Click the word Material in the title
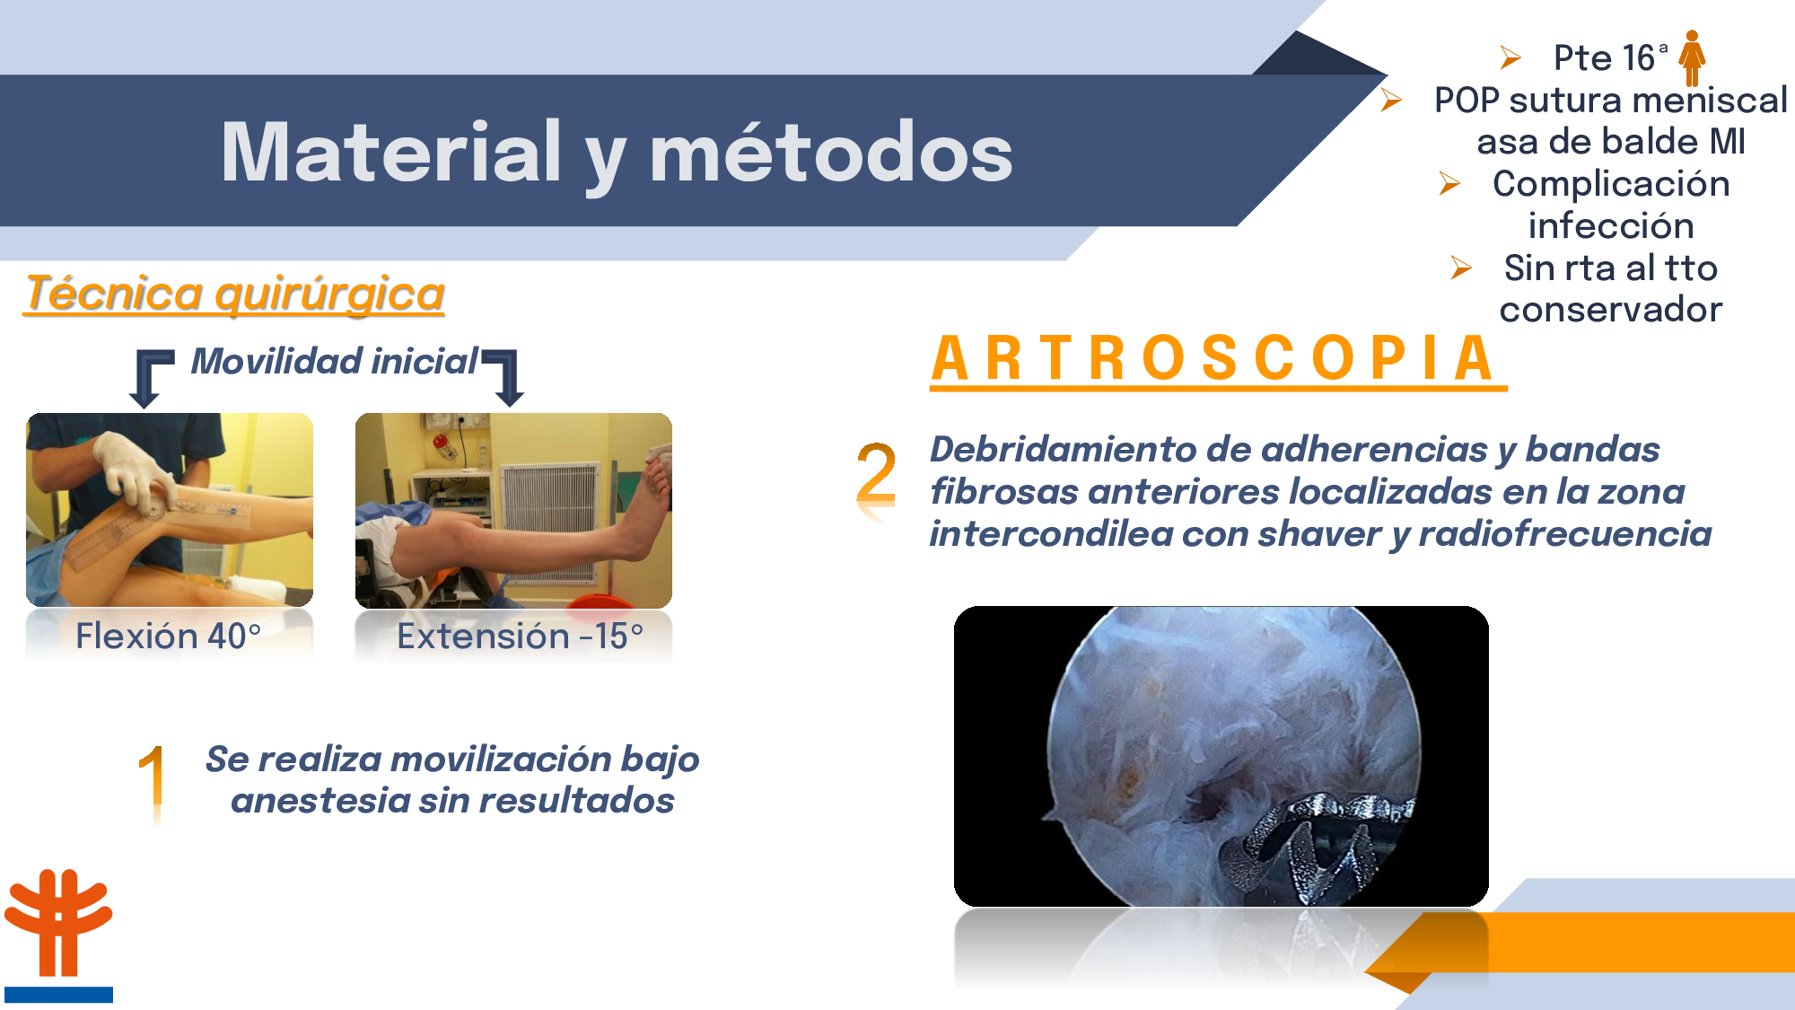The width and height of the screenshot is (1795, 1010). pos(391,152)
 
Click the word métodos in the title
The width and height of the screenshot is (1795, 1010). pos(831,152)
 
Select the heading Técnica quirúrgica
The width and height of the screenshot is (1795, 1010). pos(235,294)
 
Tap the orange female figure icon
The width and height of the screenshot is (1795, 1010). pos(1692,57)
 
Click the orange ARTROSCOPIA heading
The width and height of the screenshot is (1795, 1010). pos(1216,359)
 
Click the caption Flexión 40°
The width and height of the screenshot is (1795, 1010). pos(169,636)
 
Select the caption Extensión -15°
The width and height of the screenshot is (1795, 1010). pos(521,636)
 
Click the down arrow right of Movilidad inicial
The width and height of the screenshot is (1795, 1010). pos(504,376)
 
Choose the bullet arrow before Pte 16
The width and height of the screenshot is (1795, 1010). pos(1510,58)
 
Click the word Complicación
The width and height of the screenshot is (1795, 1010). pos(1611,184)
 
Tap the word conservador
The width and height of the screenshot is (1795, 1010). pos(1611,310)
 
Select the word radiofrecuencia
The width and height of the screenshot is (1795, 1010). pos(1565,533)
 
